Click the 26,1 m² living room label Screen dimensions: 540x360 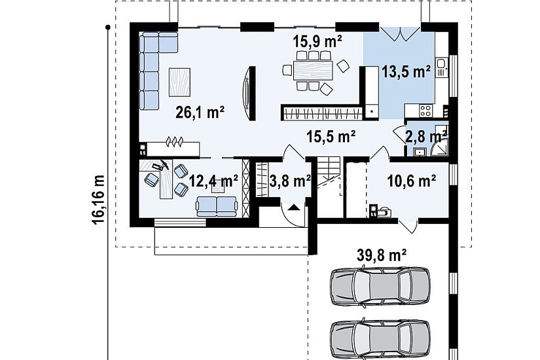coord(200,112)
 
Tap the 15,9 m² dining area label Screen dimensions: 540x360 coord(317,41)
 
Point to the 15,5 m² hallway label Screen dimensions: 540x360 coord(331,137)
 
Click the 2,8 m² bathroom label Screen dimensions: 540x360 coord(426,136)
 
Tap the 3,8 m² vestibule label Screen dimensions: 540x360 coord(290,181)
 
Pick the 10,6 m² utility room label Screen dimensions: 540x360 coord(412,181)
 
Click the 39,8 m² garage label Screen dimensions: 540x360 coord(382,255)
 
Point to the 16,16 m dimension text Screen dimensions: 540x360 coord(98,200)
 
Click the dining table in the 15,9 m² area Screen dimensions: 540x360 coord(313,70)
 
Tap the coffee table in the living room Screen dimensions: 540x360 coord(179,82)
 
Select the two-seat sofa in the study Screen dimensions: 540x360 coord(217,206)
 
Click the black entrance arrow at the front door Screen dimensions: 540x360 coord(293,207)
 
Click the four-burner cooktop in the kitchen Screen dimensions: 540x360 coord(425,111)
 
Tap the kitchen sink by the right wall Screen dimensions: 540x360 coord(441,67)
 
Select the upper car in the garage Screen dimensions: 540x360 coord(380,286)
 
